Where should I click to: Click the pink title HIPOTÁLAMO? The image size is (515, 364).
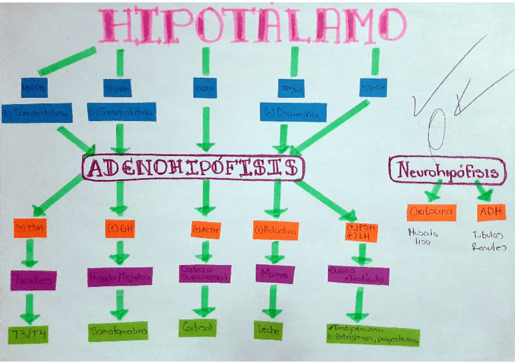pos(251,26)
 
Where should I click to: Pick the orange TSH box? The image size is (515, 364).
pos(30,229)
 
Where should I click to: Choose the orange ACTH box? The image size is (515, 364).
pos(205,230)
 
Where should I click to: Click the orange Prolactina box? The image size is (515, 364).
pos(276,230)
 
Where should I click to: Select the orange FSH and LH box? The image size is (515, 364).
pos(360,231)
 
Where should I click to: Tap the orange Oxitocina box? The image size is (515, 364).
pos(432,212)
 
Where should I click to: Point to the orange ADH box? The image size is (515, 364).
pos(491,212)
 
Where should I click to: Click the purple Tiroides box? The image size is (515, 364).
pos(33,280)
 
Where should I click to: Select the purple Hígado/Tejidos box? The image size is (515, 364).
pos(120,276)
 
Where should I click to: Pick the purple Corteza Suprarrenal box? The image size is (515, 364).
pos(205,273)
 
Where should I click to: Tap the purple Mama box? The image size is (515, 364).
pos(273,273)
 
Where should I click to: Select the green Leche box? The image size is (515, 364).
pos(267,329)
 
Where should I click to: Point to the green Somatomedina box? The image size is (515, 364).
pos(118,331)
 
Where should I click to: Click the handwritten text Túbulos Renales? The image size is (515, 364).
pos(489,242)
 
